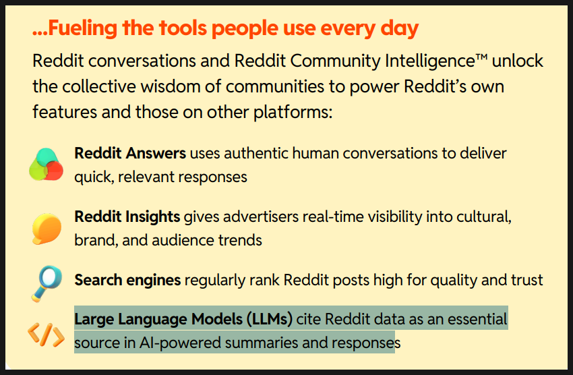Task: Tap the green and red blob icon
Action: click(46, 164)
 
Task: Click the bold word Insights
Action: click(153, 217)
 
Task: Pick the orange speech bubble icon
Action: click(47, 229)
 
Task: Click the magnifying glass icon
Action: click(47, 284)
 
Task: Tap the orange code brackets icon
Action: click(46, 335)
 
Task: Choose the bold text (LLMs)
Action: click(270, 320)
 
